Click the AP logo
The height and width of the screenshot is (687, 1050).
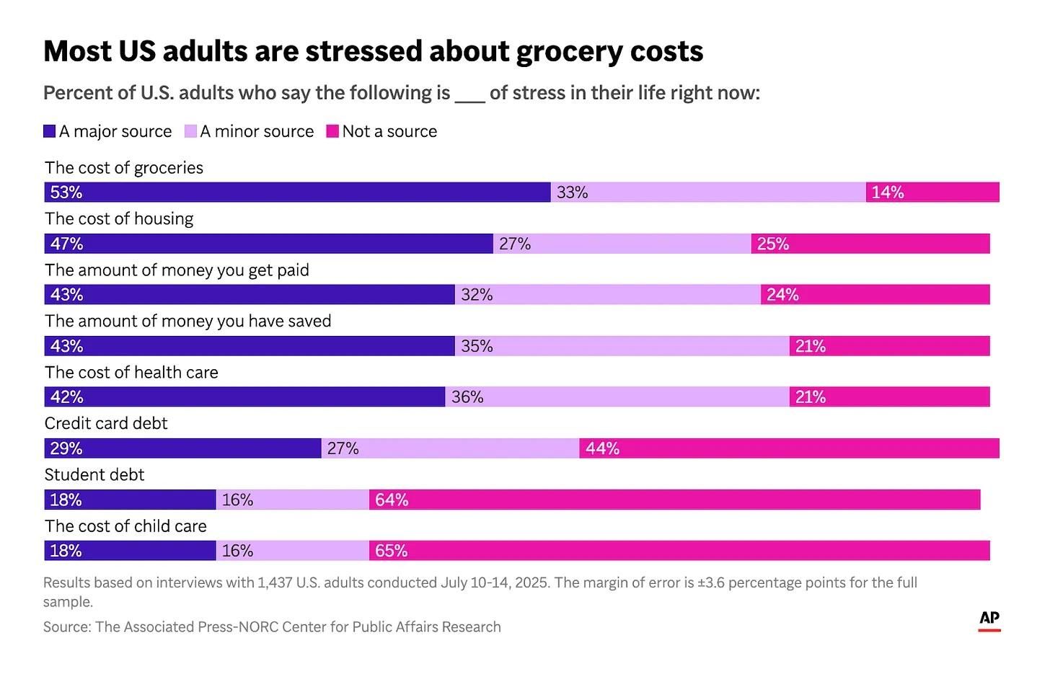pos(989,620)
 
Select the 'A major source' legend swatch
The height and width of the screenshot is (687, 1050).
pos(50,131)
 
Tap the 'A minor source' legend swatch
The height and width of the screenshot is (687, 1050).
pos(190,131)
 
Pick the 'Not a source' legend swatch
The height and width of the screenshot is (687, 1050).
pos(332,131)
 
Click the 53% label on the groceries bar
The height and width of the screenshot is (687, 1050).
pos(66,192)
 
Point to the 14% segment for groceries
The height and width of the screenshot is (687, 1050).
pos(932,192)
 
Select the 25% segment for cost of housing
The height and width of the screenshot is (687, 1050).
pos(870,244)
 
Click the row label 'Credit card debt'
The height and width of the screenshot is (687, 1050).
pos(106,423)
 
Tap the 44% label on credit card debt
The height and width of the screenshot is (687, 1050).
pos(602,448)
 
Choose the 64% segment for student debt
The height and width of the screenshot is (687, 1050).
pos(674,500)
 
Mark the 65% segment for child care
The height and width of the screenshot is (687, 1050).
pos(679,551)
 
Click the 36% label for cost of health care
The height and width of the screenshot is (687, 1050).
pos(467,397)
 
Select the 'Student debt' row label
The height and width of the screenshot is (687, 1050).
pos(94,474)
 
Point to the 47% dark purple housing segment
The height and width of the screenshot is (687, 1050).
pos(268,244)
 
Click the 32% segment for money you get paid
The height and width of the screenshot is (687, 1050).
pos(607,295)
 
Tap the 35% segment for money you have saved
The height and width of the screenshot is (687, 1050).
pos(622,346)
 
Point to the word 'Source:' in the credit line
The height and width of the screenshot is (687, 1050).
pos(67,627)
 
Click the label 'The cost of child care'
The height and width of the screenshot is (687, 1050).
pos(125,526)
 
